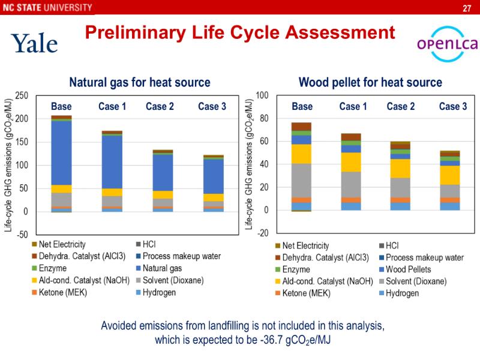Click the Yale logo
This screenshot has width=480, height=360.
pyautogui.click(x=34, y=43)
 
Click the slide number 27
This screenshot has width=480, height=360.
pyautogui.click(x=466, y=8)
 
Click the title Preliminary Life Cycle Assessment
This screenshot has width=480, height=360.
pyautogui.click(x=240, y=32)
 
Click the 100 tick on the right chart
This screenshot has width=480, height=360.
pyautogui.click(x=262, y=95)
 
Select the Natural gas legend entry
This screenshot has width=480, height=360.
pyautogui.click(x=162, y=268)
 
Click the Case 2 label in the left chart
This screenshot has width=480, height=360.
pyautogui.click(x=160, y=107)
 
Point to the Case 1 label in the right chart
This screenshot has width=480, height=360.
pyautogui.click(x=353, y=107)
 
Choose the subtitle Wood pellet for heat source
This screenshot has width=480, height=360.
pyautogui.click(x=370, y=82)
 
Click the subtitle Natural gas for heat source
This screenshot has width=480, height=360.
pyautogui.click(x=140, y=82)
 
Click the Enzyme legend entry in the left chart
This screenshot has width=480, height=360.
pyautogui.click(x=53, y=268)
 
